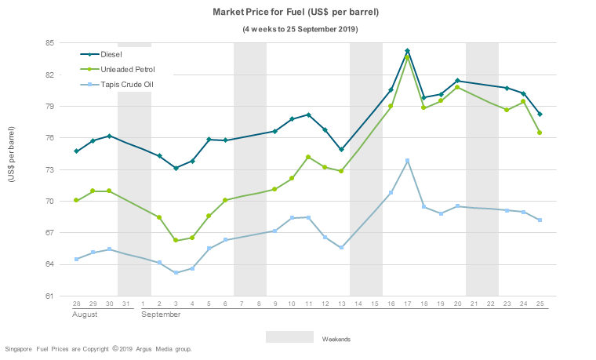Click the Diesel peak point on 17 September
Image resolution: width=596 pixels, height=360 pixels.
408,51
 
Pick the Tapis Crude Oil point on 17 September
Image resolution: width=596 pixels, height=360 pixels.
408,161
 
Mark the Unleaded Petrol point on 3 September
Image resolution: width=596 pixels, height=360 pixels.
176,240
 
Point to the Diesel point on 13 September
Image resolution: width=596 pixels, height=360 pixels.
341,149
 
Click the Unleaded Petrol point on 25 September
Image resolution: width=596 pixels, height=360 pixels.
540,133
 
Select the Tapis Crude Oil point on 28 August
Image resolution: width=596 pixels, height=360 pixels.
76,259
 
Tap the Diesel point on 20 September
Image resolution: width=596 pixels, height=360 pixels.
457,81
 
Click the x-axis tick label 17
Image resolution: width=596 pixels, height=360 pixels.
408,303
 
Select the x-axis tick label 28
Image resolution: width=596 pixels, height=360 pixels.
76,303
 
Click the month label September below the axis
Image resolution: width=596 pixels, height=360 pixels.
161,314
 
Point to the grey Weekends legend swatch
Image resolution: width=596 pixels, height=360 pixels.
289,337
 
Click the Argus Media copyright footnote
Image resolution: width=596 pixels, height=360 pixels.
98,349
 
